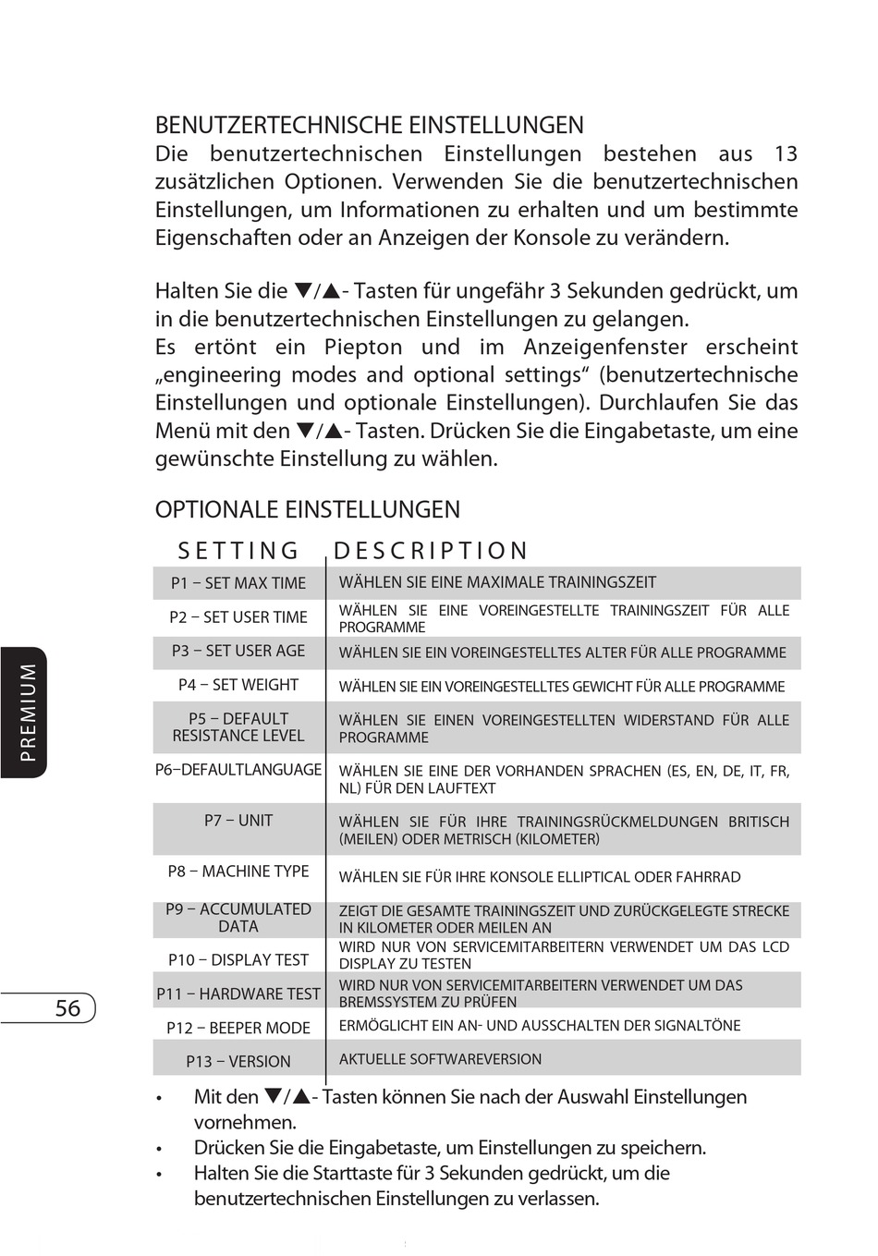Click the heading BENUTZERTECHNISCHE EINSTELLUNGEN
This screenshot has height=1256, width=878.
[369, 126]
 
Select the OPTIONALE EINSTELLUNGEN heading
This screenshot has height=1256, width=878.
[307, 510]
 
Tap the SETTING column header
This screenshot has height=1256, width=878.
[238, 552]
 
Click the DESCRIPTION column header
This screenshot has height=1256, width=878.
[430, 552]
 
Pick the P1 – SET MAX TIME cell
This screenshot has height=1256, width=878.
[238, 584]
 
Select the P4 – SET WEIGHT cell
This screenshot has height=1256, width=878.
[238, 686]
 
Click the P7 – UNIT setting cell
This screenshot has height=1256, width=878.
[238, 821]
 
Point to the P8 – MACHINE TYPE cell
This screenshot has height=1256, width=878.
[238, 872]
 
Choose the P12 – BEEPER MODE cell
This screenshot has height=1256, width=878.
[238, 1029]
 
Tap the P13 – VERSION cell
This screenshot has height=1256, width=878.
[238, 1062]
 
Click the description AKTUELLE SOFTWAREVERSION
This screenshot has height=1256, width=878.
[440, 1060]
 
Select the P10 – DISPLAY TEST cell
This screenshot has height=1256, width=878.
[238, 960]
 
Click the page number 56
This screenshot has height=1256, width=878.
[67, 1008]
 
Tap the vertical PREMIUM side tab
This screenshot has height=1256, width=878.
[28, 713]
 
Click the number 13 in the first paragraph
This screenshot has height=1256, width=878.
[786, 154]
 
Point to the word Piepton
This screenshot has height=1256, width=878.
[363, 348]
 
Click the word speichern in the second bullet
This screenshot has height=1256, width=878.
[656, 1149]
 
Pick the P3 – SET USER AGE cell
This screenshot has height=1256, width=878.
[238, 652]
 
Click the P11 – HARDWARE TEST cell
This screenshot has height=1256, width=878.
[238, 994]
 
